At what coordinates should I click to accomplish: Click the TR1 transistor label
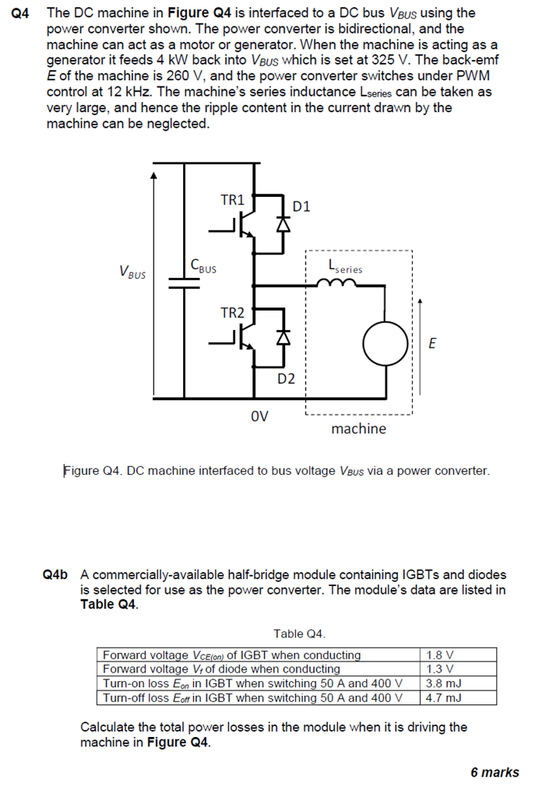click(232, 200)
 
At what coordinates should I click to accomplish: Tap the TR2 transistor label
click(232, 313)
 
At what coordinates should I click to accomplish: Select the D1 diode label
click(302, 206)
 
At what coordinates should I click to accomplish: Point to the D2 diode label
click(287, 379)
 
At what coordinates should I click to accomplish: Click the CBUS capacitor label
click(203, 266)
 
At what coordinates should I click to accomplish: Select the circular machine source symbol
click(384, 341)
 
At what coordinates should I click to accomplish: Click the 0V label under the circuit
click(259, 416)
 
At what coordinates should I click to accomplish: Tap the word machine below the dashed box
click(358, 429)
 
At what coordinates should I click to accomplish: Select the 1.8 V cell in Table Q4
click(441, 655)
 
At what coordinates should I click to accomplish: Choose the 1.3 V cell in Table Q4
click(441, 669)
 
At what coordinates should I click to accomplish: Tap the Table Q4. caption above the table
click(299, 634)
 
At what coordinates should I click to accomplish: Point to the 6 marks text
click(495, 772)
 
